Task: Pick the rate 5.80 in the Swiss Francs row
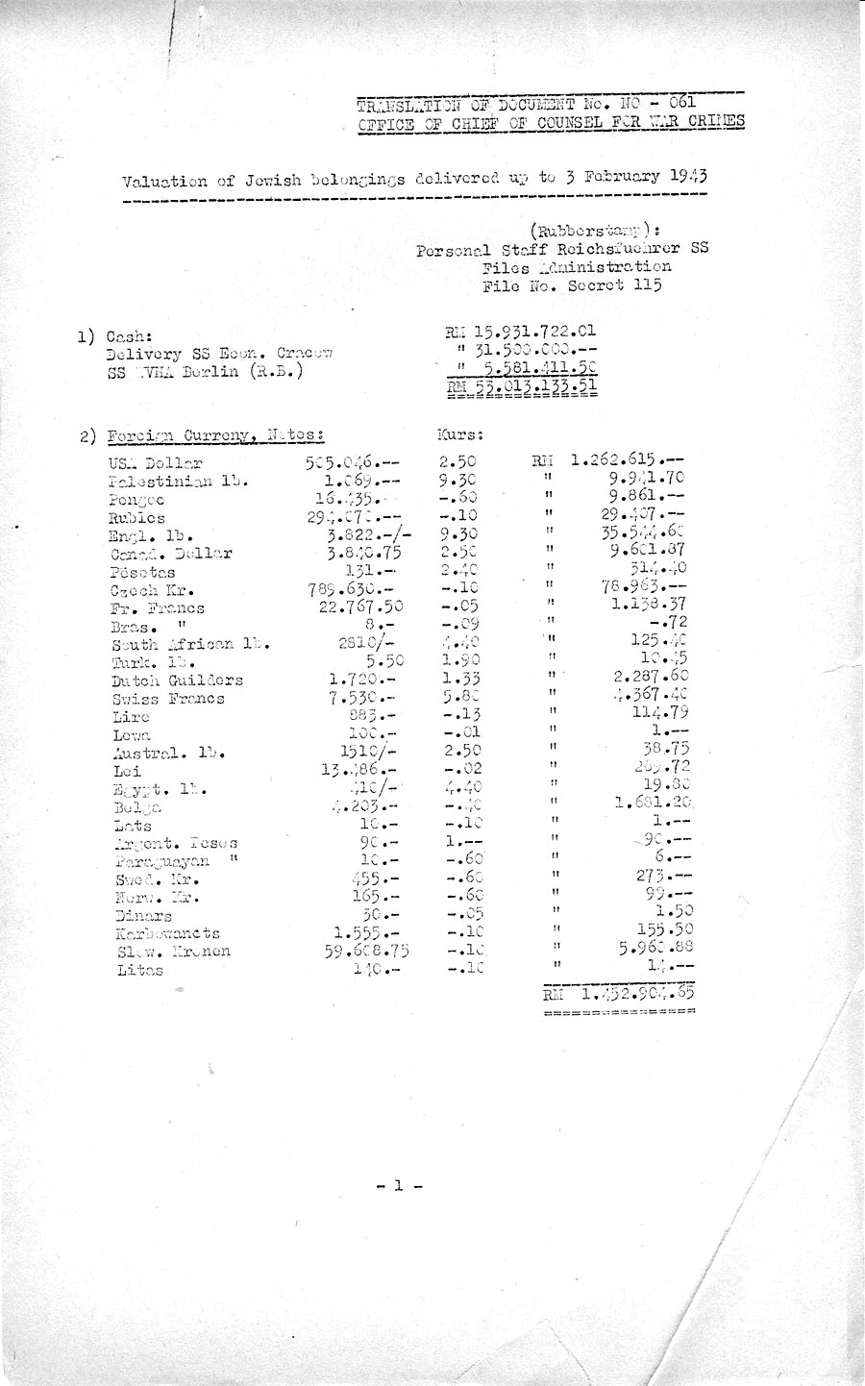459,697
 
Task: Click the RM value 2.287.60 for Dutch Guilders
651,678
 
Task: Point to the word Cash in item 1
128,337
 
